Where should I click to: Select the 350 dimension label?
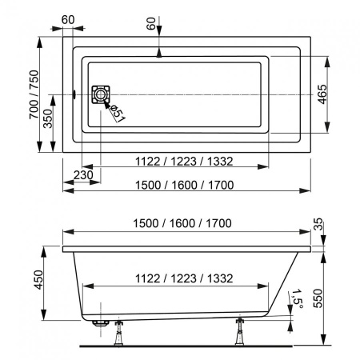click(47, 121)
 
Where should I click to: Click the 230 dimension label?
click(82, 175)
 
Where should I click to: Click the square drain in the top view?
click(100, 94)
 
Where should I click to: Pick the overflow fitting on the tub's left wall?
click(73, 94)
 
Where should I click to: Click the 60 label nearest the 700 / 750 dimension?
click(67, 18)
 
